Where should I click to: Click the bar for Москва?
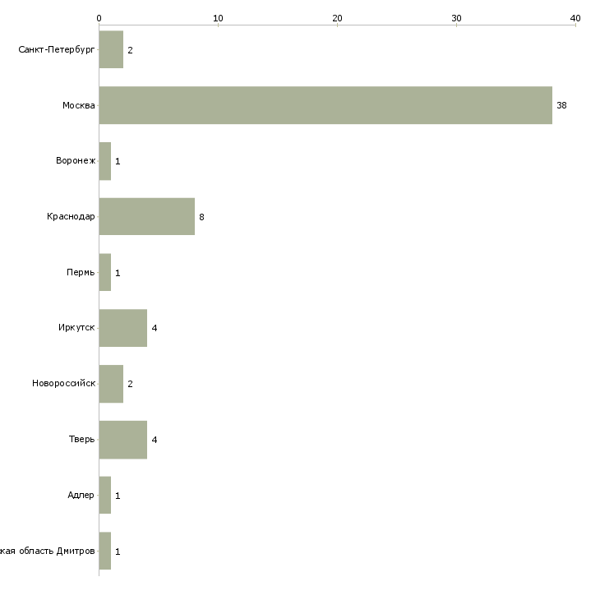(325, 105)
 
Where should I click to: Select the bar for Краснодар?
(147, 217)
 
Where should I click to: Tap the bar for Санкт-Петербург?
(111, 50)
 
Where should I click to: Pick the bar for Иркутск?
(123, 328)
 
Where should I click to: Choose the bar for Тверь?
(123, 440)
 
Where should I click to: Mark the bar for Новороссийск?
(111, 384)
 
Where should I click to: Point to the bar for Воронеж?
(105, 161)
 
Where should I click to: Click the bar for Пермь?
(105, 272)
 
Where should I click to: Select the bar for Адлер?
(105, 496)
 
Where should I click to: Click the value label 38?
(561, 105)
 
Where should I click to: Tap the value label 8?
(201, 217)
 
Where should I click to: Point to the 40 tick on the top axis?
(575, 17)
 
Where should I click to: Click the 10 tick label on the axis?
(218, 17)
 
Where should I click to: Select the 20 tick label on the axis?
(337, 17)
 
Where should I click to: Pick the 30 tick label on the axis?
(456, 17)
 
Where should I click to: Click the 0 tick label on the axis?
(99, 17)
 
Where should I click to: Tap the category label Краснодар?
(71, 217)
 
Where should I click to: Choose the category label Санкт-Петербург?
(57, 50)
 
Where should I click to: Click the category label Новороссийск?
(63, 384)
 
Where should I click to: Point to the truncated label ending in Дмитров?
(48, 551)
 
